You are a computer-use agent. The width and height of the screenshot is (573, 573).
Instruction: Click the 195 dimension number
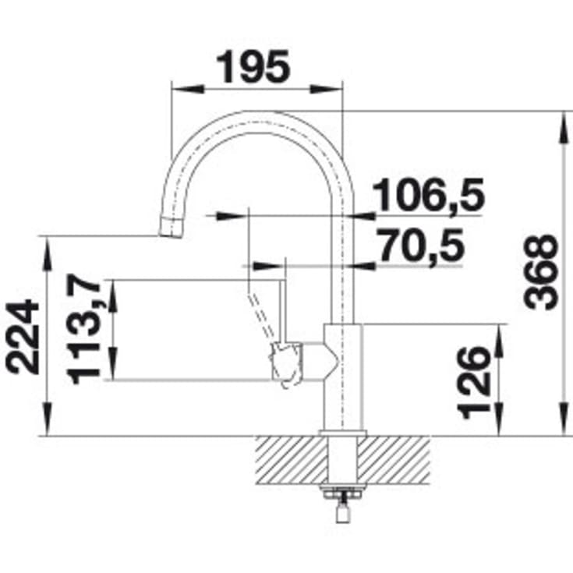pyautogui.click(x=253, y=66)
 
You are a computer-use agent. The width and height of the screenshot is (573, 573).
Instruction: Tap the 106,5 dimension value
pyautogui.click(x=428, y=194)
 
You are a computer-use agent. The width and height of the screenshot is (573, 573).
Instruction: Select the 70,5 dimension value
pyautogui.click(x=421, y=246)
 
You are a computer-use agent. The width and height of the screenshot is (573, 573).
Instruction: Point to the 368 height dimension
pyautogui.click(x=541, y=272)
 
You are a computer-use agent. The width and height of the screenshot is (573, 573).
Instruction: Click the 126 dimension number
pyautogui.click(x=474, y=382)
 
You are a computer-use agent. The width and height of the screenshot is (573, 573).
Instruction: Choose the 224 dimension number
pyautogui.click(x=23, y=337)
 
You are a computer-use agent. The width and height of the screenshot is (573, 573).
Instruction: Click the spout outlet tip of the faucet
pyautogui.click(x=171, y=234)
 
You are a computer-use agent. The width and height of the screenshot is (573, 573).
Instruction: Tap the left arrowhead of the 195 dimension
pyautogui.click(x=187, y=89)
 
